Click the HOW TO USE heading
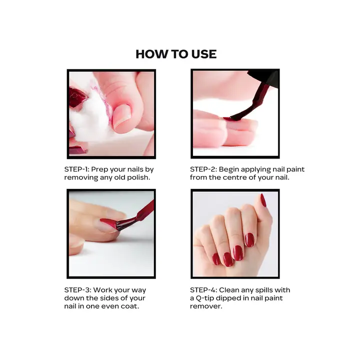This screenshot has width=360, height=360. (176, 54)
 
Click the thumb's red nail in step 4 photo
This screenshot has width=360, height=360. (263, 200)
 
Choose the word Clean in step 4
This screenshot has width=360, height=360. (234, 290)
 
